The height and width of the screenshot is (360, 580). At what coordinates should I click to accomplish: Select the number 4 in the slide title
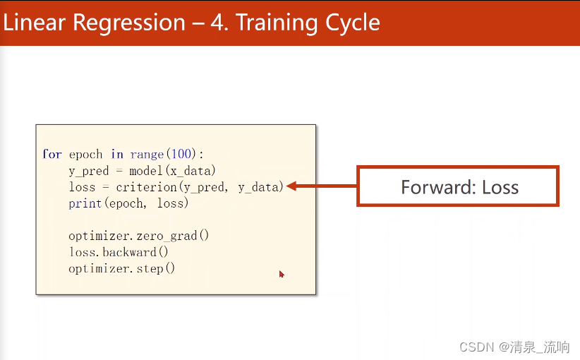tap(217, 23)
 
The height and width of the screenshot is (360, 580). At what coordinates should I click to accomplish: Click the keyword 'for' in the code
tap(52, 154)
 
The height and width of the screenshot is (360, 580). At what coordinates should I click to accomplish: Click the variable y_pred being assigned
tap(89, 171)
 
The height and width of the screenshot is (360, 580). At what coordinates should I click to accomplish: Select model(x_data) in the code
tap(172, 171)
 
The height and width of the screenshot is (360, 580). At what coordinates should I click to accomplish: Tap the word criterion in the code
tap(147, 187)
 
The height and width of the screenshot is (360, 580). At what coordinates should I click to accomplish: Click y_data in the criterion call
tap(258, 187)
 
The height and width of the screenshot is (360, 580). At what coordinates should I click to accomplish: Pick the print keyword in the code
tap(85, 203)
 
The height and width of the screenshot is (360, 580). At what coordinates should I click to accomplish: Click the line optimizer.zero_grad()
tap(139, 236)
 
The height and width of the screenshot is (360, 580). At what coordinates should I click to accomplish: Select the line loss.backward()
tap(119, 252)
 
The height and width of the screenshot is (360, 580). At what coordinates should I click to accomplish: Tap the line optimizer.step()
tap(121, 268)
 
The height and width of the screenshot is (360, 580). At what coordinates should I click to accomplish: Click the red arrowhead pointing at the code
tap(291, 186)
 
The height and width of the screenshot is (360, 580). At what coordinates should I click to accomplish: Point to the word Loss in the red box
tap(500, 187)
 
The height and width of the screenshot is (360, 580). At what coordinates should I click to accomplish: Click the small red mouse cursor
tap(282, 274)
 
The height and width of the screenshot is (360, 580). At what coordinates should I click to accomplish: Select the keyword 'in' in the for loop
tap(117, 154)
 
